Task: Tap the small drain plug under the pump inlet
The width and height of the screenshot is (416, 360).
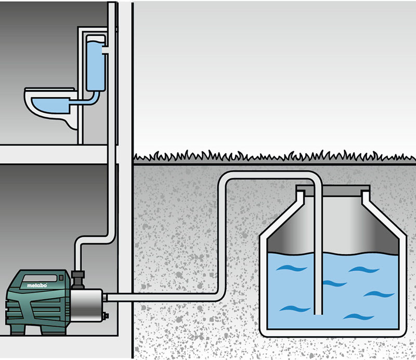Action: click(x=106, y=314)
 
